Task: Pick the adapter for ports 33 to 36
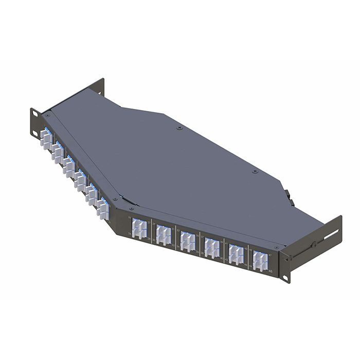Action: [x=187, y=241]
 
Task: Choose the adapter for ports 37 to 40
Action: [x=211, y=247]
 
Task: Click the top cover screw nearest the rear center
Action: [x=178, y=128]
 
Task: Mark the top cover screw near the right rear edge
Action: [x=256, y=171]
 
